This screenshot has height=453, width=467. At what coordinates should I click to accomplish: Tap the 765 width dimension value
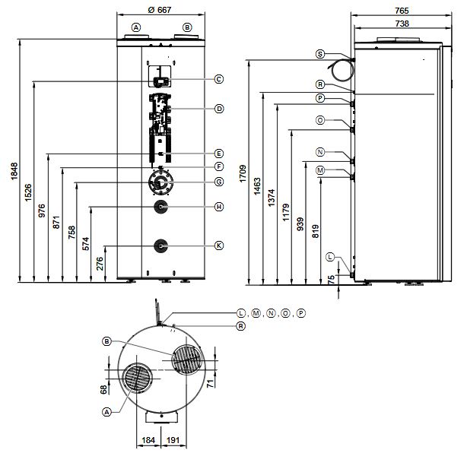(402, 10)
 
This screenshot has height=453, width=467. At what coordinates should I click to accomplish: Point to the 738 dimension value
(402, 24)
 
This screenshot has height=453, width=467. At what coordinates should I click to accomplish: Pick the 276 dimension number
(100, 263)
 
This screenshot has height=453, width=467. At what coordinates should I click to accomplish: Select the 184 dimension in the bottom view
(148, 440)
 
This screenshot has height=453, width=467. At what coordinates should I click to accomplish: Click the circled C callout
(219, 79)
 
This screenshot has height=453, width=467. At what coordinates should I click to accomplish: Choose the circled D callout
(219, 109)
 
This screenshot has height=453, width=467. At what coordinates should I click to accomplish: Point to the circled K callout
(219, 246)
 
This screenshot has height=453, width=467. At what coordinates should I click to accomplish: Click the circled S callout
(320, 54)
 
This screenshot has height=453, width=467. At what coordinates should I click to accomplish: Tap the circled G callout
(219, 182)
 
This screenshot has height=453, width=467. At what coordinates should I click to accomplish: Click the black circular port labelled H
(160, 207)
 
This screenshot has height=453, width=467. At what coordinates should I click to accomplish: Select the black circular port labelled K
(160, 246)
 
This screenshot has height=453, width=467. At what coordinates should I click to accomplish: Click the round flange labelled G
(160, 182)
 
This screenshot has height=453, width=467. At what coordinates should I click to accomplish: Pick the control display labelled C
(160, 79)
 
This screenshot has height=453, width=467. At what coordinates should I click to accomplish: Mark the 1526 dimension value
(28, 193)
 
